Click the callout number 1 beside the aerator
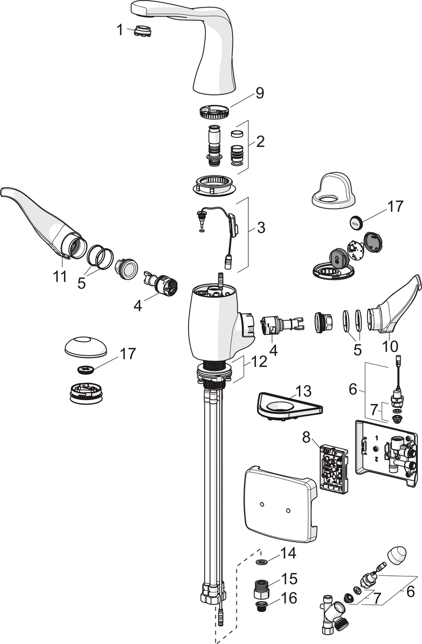point(120,30)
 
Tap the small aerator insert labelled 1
point(142,31)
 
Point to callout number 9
point(259,93)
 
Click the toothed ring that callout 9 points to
point(214,113)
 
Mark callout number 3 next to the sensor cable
point(261,227)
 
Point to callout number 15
point(289,579)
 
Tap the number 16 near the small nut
point(289,598)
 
